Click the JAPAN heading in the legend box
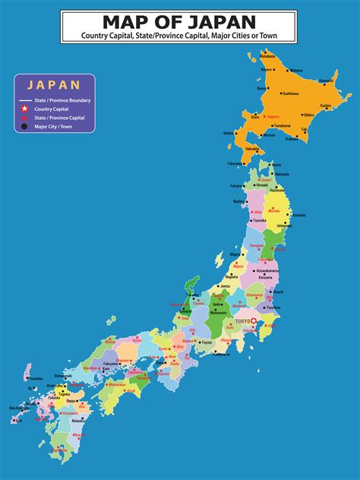54,85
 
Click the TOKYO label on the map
244,321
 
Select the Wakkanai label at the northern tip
268,55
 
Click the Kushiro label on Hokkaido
326,105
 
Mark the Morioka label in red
274,210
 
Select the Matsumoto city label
219,313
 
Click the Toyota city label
207,343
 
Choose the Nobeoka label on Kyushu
77,420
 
